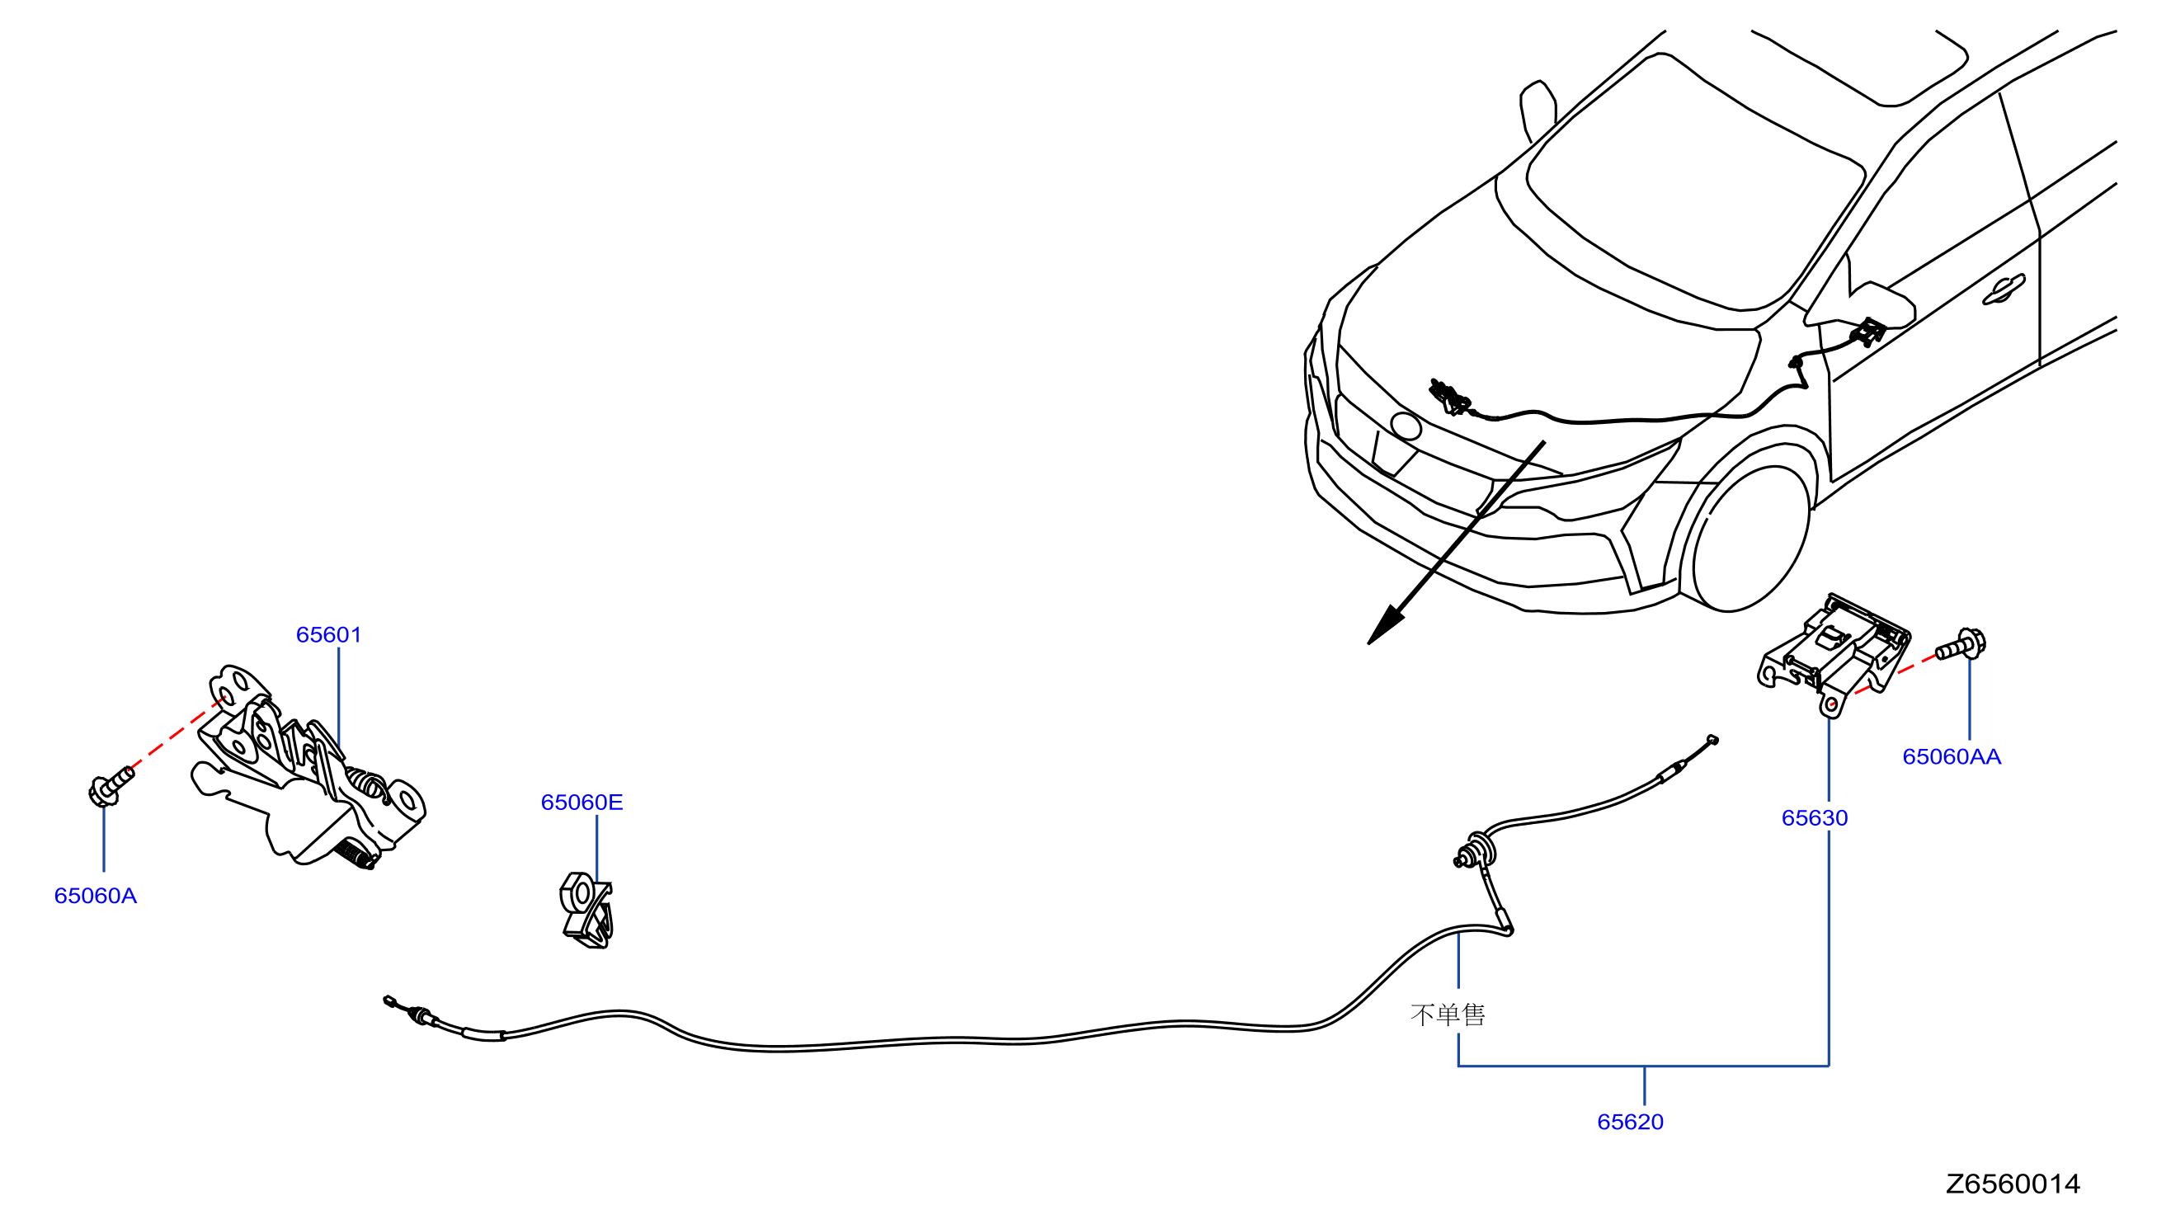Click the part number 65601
coord(328,635)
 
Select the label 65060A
coord(95,896)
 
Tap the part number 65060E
coord(582,803)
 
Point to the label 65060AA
coord(1951,757)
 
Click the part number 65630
coord(1814,818)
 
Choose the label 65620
coord(1630,1123)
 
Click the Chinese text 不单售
coord(1447,1015)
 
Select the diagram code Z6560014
coord(2012,1185)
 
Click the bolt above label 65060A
coord(111,786)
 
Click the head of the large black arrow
coord(1384,628)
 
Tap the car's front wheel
coord(1749,539)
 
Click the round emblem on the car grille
coord(1406,426)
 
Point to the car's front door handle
coord(2004,290)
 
